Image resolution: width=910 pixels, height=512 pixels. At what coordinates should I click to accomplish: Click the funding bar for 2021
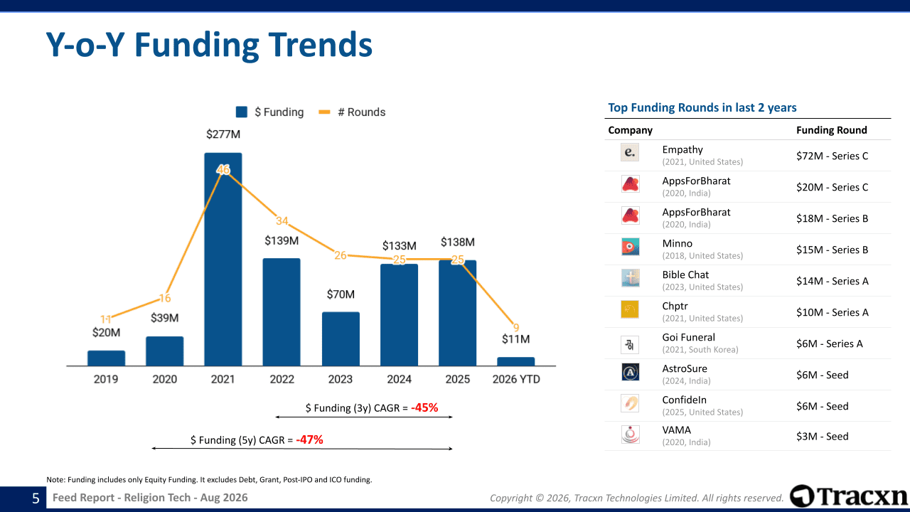coord(223,260)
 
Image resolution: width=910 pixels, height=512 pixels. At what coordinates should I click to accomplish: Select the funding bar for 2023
coord(341,339)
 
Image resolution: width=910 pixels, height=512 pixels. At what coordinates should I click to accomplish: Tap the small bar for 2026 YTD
coord(516,362)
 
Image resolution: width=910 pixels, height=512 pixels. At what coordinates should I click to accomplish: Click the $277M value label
coord(223,134)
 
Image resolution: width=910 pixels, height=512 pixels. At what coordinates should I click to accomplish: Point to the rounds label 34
coord(282,220)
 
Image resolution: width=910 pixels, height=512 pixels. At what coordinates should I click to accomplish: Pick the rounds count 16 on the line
coord(164,298)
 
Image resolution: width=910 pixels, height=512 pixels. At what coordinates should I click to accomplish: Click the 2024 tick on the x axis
coord(399,379)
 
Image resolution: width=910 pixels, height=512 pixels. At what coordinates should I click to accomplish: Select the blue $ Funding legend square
coord(242,112)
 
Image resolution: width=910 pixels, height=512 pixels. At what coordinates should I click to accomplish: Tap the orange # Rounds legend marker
coord(324,112)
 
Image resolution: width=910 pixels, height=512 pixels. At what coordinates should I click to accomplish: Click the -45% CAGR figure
coord(424,407)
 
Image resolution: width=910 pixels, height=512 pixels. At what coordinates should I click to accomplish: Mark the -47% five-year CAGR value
coord(309,439)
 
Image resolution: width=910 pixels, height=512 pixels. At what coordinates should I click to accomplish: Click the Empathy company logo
coord(630,152)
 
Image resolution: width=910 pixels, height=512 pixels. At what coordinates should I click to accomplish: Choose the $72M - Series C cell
coord(832,156)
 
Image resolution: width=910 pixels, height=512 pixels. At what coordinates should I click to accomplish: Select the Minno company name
coord(678,243)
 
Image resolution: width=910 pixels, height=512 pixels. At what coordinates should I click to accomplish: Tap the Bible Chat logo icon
coord(630,278)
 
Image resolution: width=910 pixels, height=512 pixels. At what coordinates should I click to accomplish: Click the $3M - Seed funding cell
coord(823,437)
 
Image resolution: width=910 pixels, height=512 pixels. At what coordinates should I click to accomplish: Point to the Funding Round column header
coord(832,130)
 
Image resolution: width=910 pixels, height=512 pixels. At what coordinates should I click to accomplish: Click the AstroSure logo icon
coord(630,372)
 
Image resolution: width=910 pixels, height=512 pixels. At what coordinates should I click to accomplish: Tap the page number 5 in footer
coord(36,498)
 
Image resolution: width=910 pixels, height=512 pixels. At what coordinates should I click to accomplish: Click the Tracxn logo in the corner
coord(849,496)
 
